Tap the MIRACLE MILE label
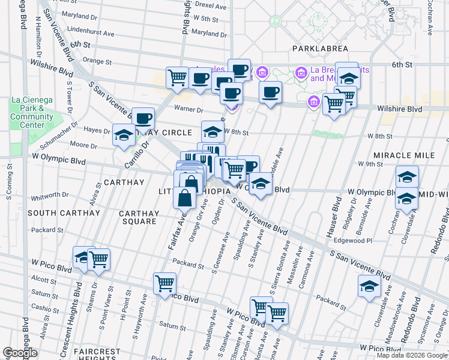click(403, 155)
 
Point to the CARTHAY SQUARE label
click(139, 217)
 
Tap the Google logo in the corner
click(20, 353)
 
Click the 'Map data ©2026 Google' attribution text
click(412, 355)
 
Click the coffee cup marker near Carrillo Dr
click(143, 118)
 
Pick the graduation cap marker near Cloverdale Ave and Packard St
click(369, 286)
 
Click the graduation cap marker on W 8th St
click(212, 131)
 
